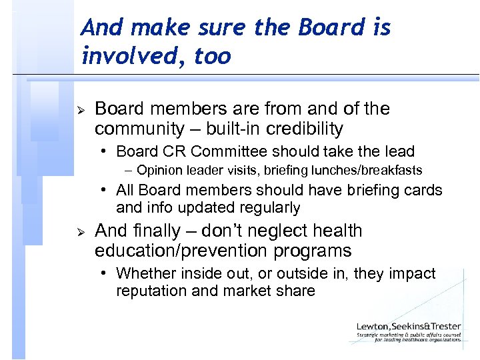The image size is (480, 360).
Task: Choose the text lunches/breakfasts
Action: coord(373,170)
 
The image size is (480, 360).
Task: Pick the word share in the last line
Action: coord(296,291)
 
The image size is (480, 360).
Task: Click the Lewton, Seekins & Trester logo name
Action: coord(409,327)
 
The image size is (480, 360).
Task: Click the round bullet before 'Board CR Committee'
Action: coord(107,152)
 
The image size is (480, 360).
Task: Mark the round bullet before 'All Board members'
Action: coord(107,191)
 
